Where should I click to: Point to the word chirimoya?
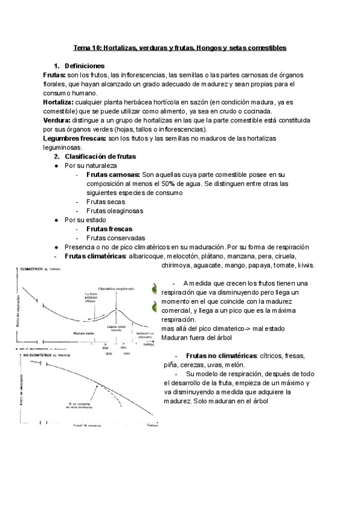(180, 265)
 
